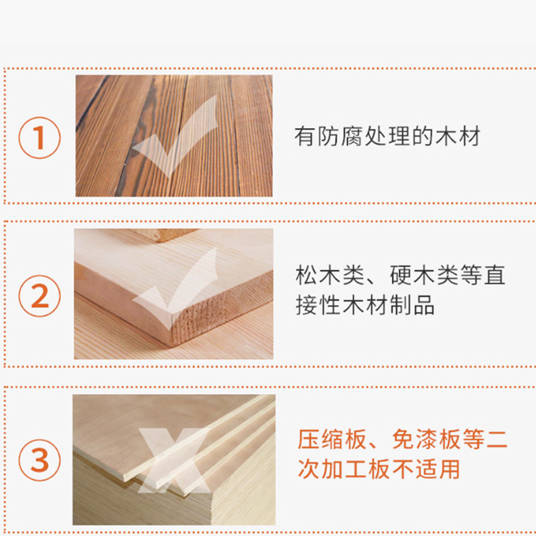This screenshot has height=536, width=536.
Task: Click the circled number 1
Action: coord(40,138)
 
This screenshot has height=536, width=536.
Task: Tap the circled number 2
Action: coord(40,296)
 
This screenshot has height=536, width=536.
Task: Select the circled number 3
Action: coord(40,460)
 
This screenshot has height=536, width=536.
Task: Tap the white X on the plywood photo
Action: coord(174,460)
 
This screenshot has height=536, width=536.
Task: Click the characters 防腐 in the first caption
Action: coord(340,136)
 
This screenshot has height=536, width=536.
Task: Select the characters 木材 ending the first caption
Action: coord(458,136)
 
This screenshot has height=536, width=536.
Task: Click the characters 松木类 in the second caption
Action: coord(330,275)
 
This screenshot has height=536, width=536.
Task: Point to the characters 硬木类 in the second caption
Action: coord(424,275)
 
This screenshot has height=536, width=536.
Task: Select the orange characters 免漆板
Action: coord(426,440)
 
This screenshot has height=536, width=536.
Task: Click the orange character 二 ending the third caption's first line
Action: coord(496,440)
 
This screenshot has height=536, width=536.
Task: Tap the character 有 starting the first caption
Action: coord(305,136)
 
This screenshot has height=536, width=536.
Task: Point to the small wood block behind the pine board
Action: coord(164,235)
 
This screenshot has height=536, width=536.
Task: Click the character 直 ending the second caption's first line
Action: coord(494,275)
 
